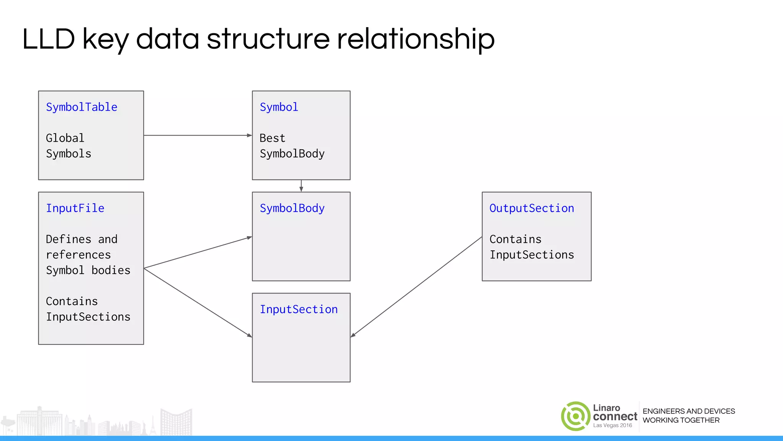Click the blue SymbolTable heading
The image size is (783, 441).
[81, 107]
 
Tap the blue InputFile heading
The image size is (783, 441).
[75, 208]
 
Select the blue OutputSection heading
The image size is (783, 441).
[531, 208]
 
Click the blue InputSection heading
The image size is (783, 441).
[299, 309]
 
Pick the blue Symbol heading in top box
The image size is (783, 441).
[279, 107]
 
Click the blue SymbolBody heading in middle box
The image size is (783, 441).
[292, 208]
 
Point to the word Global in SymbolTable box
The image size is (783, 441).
[65, 138]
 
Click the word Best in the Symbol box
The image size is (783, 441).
[272, 138]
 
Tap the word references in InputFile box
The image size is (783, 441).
[78, 255]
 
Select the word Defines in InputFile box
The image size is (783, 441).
[68, 239]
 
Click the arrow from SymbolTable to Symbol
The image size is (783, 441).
[198, 135]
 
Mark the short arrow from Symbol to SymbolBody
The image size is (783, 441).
[301, 186]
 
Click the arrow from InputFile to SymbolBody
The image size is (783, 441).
[198, 253]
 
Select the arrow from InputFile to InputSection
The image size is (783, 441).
[198, 302]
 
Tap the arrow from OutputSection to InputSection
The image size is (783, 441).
[416, 287]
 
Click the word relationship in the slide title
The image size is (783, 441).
[416, 39]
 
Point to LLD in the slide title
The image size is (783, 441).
[49, 39]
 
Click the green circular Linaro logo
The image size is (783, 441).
[575, 416]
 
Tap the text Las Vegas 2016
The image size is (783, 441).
[612, 425]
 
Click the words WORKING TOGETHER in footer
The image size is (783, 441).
[681, 420]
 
